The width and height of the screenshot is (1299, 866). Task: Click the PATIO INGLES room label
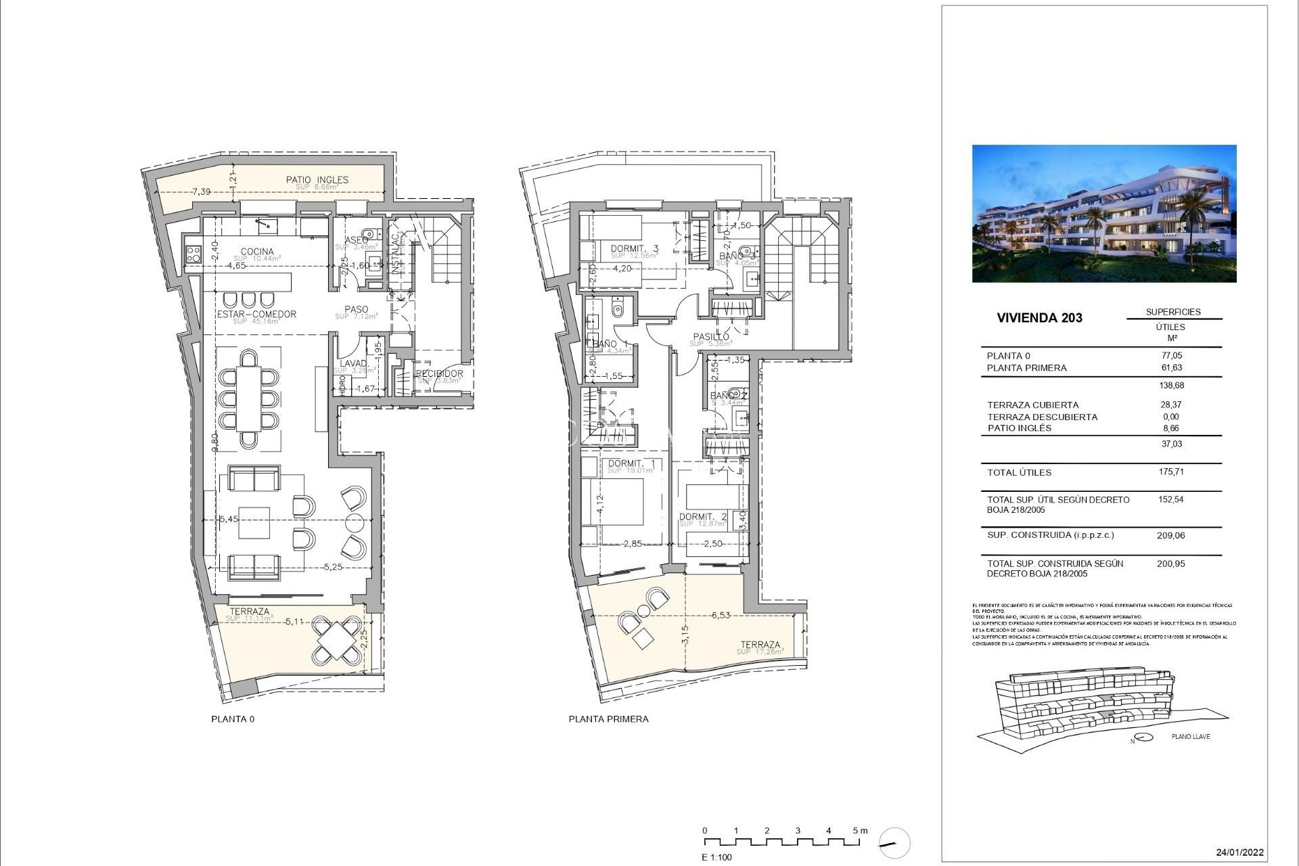pos(317,180)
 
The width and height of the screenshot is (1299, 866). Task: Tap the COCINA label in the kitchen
pos(257,252)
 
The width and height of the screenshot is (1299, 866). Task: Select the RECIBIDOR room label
pos(439,373)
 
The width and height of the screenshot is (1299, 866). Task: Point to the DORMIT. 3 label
pos(634,249)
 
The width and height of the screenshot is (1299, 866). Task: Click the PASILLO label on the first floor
pos(711,337)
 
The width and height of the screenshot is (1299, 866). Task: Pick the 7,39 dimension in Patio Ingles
pos(201,192)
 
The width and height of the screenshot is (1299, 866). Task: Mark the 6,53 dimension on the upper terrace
pos(721,616)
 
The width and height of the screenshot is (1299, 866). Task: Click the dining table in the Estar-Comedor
pos(249,398)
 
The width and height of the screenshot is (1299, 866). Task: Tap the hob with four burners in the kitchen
pos(193,254)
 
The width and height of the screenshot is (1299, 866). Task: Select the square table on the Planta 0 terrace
pos(336,639)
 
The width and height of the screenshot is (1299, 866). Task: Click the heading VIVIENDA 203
pos(1039,318)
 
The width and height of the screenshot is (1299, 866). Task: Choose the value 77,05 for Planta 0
pos(1170,355)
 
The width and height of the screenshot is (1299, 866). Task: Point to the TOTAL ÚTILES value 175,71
pos(1170,472)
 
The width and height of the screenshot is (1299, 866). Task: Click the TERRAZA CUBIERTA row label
pos(1032,405)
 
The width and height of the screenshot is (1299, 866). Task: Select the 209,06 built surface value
pos(1170,535)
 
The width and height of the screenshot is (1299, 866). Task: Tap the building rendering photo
pos(1103,213)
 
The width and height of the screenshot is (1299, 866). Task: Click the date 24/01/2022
pos(1239,852)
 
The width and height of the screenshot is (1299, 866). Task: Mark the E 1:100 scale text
pos(716,857)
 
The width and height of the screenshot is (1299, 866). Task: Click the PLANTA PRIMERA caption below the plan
pos(608,719)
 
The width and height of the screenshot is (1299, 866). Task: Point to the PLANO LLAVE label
pos(1191,736)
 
